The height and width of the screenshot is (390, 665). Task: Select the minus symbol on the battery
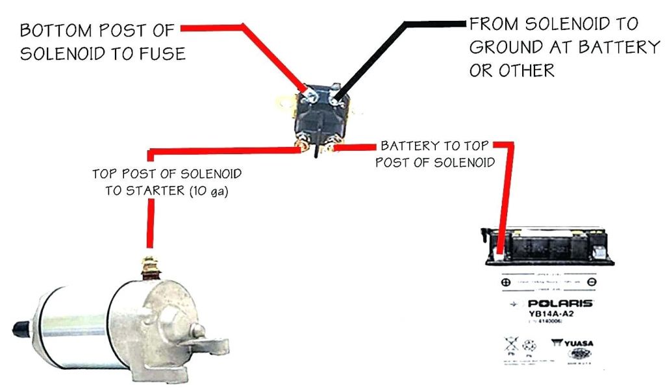591,283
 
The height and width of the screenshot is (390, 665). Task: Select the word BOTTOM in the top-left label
55,31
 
